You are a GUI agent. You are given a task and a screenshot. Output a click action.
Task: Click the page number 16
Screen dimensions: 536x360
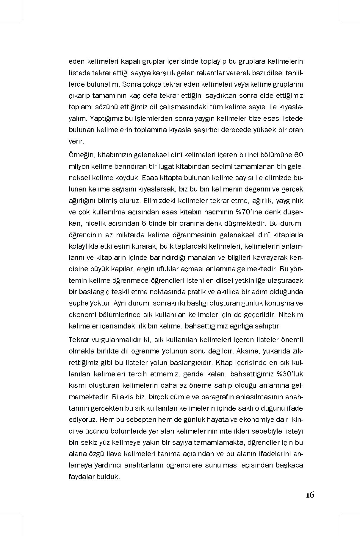tap(310, 495)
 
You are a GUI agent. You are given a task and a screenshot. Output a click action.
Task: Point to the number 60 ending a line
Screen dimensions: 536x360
tap(298, 155)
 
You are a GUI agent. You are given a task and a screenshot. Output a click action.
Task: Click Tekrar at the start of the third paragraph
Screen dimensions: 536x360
tap(78, 340)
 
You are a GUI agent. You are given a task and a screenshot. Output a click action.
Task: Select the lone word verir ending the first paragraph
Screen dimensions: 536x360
tap(76, 141)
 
